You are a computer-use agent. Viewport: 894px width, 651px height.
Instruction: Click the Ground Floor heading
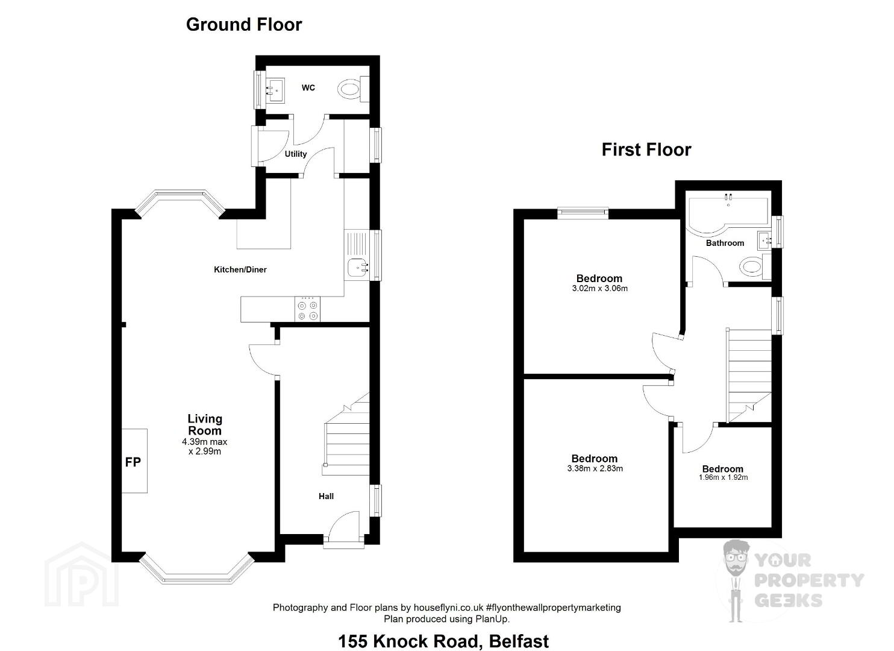(244, 25)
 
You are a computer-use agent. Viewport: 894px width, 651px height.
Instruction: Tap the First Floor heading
(646, 149)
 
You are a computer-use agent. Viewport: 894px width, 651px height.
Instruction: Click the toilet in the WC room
(353, 89)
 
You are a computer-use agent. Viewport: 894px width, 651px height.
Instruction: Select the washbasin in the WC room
(275, 90)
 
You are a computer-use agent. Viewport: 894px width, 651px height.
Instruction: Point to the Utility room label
(296, 154)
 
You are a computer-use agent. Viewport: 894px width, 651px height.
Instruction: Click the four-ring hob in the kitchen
(307, 309)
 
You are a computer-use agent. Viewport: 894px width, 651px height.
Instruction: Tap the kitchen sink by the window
(358, 267)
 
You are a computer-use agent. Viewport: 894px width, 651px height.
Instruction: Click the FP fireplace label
(133, 462)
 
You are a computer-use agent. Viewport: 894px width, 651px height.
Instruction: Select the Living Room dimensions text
(205, 447)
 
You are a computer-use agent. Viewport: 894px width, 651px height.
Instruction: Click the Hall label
(326, 496)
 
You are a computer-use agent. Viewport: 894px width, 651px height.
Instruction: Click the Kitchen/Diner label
(240, 269)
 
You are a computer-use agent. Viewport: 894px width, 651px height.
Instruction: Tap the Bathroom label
(725, 243)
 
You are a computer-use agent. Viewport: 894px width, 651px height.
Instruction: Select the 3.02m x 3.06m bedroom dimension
(599, 288)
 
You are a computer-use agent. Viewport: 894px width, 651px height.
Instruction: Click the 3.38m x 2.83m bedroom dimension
(595, 468)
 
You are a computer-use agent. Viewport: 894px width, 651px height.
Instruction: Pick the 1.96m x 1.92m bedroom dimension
(723, 477)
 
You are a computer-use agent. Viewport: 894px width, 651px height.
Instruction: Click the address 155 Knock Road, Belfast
(443, 641)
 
